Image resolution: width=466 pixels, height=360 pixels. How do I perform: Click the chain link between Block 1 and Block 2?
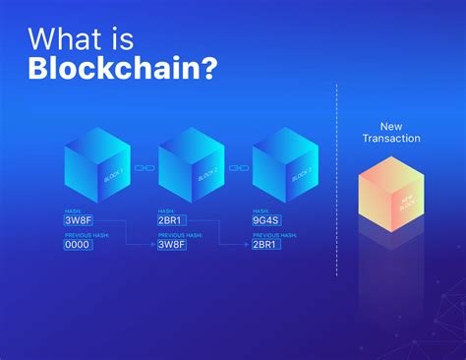(145, 168)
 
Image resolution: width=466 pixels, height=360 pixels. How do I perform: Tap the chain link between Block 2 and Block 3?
(239, 168)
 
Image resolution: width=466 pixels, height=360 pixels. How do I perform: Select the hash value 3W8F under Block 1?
(79, 220)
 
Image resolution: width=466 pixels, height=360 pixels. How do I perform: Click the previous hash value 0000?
(79, 244)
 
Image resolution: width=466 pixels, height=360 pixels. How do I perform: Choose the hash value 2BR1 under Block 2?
(172, 220)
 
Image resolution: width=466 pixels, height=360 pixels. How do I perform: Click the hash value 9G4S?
(266, 220)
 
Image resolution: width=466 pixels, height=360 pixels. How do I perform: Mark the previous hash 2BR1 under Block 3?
(266, 244)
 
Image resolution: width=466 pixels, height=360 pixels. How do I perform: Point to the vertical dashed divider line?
(337, 177)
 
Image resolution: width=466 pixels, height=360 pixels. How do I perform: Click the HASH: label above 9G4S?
(261, 210)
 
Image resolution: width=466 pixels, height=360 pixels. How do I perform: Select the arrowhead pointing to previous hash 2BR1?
(247, 244)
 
